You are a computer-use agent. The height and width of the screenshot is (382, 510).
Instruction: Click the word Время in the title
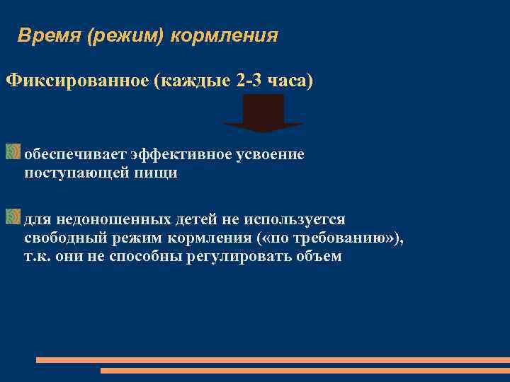[x=48, y=35]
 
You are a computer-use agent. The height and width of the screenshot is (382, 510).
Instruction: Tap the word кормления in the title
[x=225, y=35]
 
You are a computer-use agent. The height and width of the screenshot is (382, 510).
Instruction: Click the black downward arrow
[x=263, y=113]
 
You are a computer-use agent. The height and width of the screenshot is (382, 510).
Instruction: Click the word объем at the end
[x=322, y=256]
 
